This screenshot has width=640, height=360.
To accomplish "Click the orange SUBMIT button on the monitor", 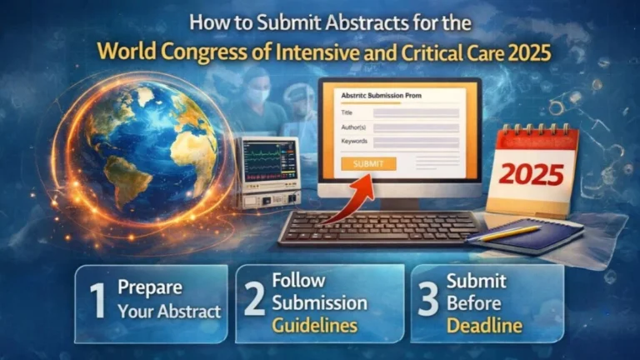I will coord(368,163).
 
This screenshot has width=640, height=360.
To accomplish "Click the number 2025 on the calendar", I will coord(531,174).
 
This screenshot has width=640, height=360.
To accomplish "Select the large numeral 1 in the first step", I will coord(98,302).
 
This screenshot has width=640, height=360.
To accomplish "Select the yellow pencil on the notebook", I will coord(509,232).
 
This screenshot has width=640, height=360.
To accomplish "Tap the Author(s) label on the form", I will coord(357,127).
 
